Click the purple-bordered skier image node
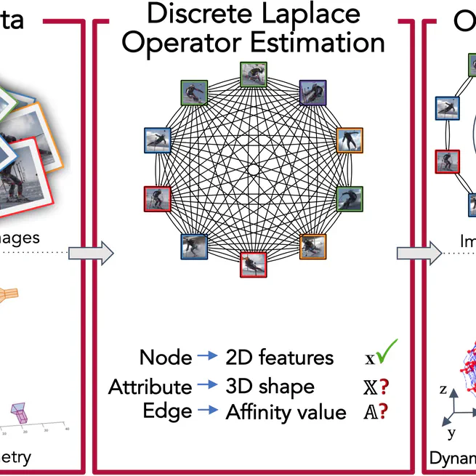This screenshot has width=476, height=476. (312, 92)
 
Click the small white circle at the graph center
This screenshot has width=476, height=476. (254, 169)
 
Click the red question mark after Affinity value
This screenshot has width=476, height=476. (383, 411)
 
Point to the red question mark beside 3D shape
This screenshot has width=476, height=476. (383, 386)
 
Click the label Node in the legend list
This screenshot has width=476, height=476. (165, 358)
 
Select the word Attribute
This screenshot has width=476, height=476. (150, 386)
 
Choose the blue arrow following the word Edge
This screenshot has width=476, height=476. (209, 411)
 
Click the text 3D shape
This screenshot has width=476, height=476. (270, 386)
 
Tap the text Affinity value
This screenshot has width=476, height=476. (286, 412)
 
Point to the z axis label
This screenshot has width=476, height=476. (443, 389)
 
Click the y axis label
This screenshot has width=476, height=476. (451, 433)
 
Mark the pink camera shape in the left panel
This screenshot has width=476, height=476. (25, 413)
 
